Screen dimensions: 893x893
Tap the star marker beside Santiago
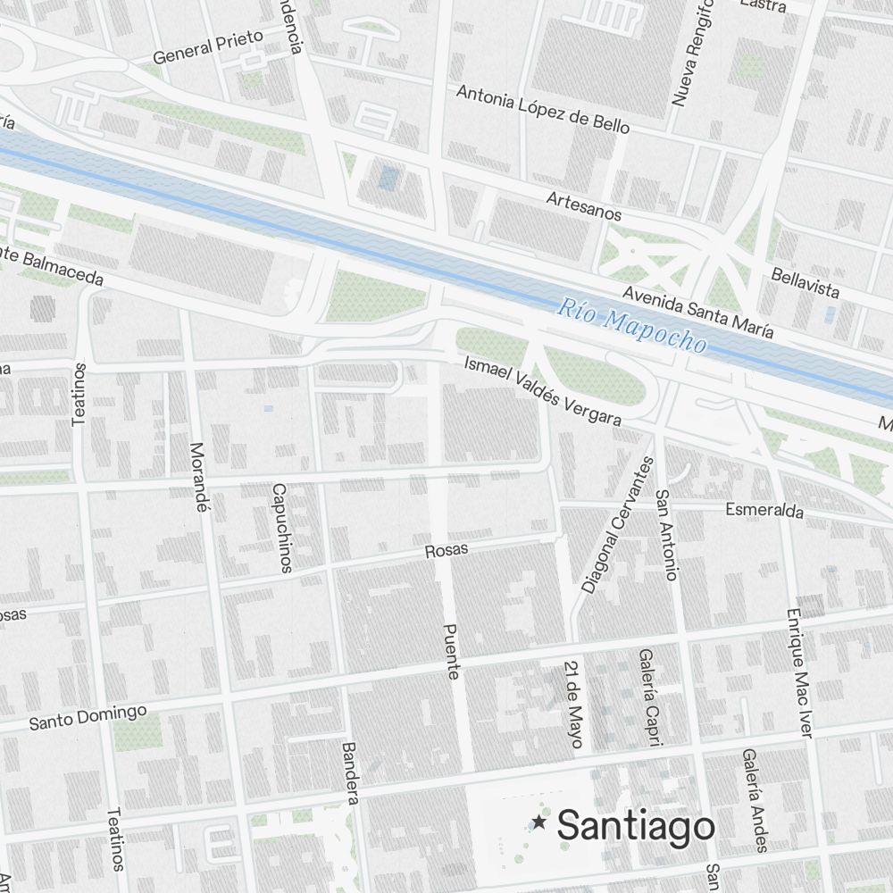pyautogui.click(x=539, y=822)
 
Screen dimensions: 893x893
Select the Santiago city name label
pyautogui.click(x=636, y=826)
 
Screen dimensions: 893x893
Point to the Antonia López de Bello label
pyautogui.click(x=543, y=109)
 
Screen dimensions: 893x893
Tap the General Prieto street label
pyautogui.click(x=208, y=46)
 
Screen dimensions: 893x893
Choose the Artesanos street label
pyautogui.click(x=584, y=204)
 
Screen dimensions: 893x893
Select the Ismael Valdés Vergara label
pyautogui.click(x=542, y=390)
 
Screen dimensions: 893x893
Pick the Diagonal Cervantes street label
pyautogui.click(x=617, y=526)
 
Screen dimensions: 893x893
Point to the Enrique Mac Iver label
pyautogui.click(x=799, y=672)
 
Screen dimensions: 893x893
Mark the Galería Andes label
pyautogui.click(x=754, y=799)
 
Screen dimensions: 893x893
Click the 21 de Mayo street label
pyautogui.click(x=573, y=705)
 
